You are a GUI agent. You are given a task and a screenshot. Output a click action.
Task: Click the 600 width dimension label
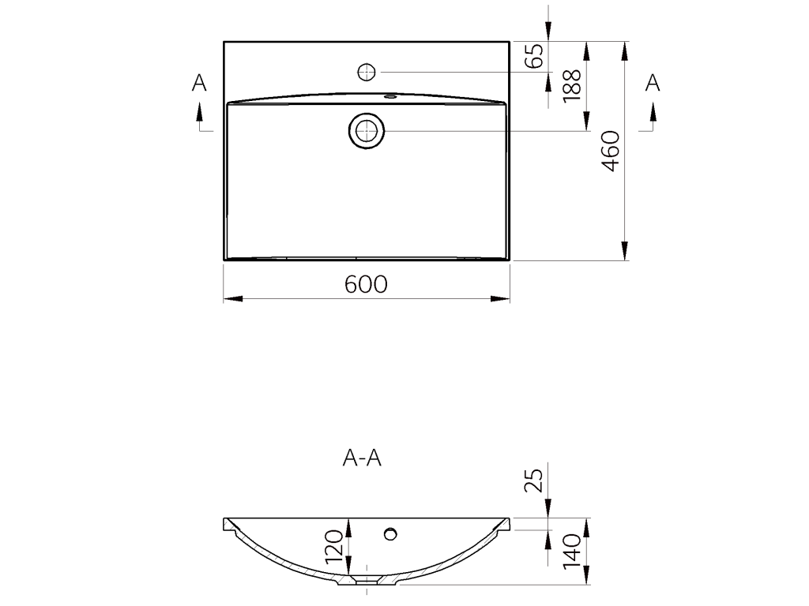(366, 284)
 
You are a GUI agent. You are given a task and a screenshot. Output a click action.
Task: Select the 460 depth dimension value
(611, 151)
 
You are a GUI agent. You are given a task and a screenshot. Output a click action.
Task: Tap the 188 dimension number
(572, 85)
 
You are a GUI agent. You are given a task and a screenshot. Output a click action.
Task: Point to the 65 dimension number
(535, 55)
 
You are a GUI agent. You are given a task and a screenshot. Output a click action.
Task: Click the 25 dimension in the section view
(535, 480)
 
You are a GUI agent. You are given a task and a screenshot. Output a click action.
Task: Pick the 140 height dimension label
(572, 552)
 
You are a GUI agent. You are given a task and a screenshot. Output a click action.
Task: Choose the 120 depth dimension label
(334, 546)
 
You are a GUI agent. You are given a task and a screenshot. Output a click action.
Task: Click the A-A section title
(362, 458)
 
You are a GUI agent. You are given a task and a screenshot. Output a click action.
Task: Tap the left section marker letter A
(199, 82)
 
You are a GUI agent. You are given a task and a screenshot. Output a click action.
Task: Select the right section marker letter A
(653, 82)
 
